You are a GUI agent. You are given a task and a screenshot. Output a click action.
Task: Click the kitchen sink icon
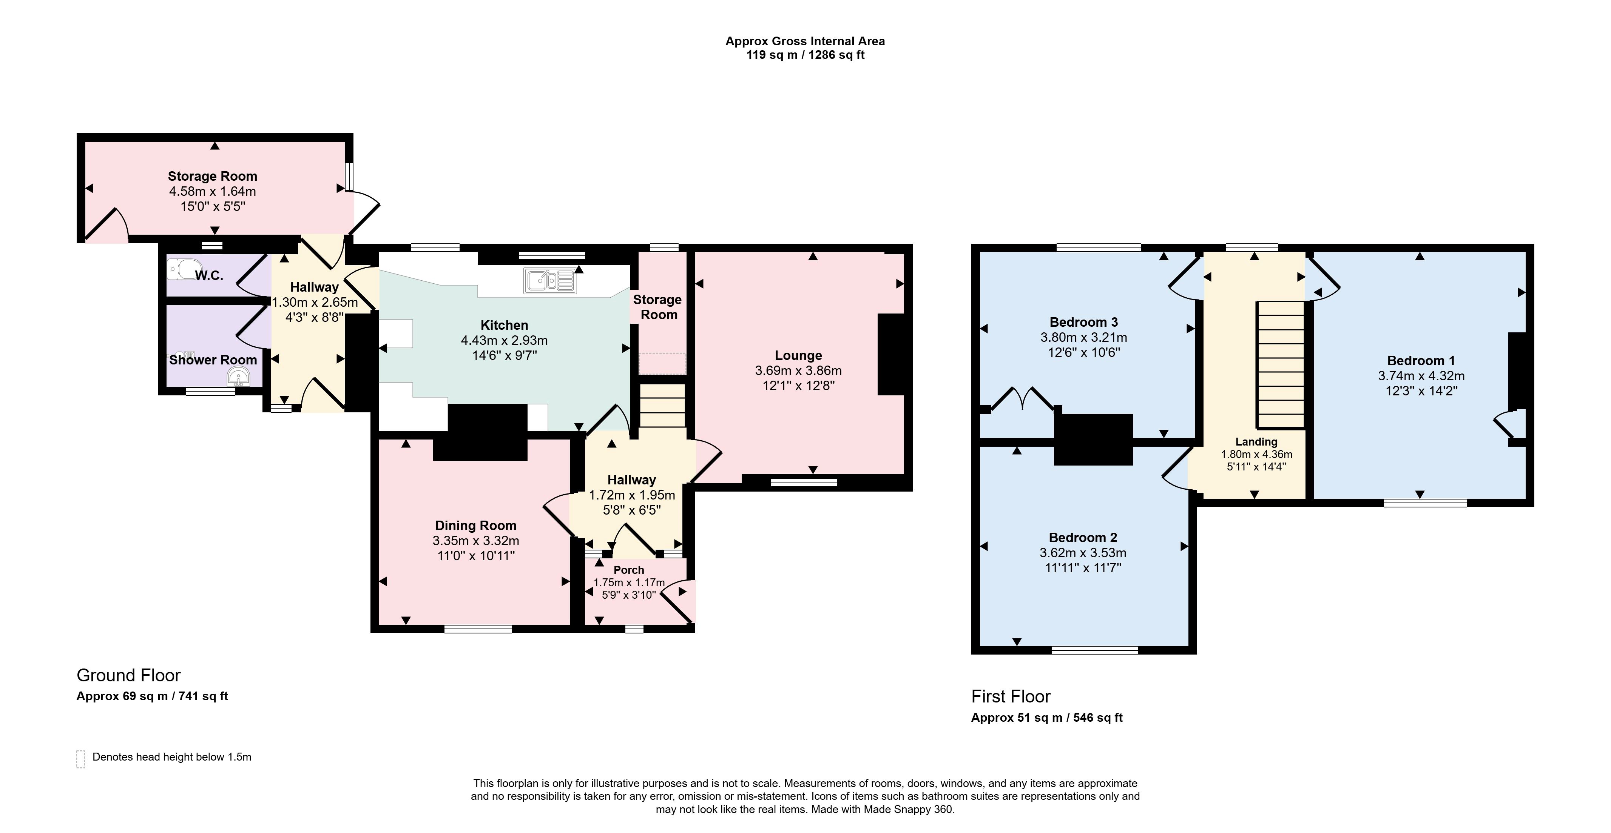point(550,281)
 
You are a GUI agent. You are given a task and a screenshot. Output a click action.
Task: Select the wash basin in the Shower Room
point(238,377)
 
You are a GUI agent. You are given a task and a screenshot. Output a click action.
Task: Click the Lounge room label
point(799,355)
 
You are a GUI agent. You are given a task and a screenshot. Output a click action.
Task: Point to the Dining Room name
point(476,526)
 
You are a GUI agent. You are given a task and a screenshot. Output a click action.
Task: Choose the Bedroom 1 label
point(1421,361)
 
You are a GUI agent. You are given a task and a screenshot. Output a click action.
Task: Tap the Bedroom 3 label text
point(1084,323)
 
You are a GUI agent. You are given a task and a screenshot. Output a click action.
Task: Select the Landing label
point(1256,442)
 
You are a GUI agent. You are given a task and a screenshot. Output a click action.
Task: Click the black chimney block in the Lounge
point(891,354)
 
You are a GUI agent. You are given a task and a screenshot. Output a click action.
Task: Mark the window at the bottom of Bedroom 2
point(1095,650)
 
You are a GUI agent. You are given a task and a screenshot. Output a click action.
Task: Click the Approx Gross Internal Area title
point(805,41)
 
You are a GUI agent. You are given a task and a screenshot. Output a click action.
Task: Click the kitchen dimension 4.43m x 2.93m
point(504,341)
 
